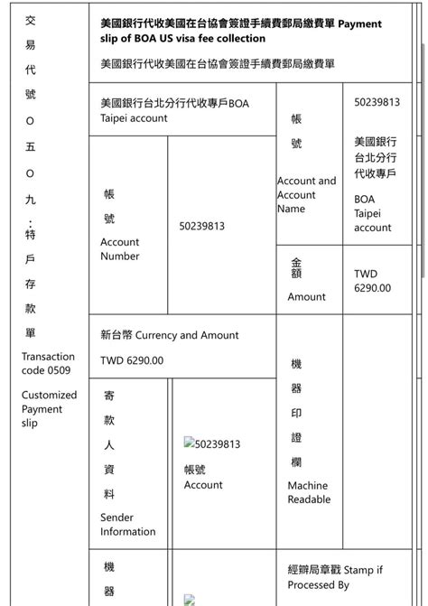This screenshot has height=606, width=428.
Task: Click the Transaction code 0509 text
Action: [x=48, y=363]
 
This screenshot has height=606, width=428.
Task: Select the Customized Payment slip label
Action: [x=49, y=409]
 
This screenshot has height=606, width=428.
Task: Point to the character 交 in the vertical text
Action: [x=30, y=20]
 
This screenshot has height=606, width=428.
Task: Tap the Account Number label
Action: [x=120, y=249]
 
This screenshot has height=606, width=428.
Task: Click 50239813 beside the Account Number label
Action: [x=202, y=226]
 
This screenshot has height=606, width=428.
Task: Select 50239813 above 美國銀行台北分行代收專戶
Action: [x=377, y=102]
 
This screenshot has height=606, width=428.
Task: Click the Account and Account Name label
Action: [x=306, y=194]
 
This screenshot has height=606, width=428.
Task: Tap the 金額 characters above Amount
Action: [x=297, y=268]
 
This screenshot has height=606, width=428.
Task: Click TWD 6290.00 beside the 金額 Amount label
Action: [x=372, y=281]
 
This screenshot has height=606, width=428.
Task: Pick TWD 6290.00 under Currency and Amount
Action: [x=132, y=360]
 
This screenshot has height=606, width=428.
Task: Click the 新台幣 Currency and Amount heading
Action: [x=169, y=335]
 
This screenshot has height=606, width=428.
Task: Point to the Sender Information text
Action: [x=127, y=525]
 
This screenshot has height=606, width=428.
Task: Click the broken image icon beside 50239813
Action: [x=190, y=443]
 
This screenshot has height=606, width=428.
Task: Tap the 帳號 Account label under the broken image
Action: [x=202, y=478]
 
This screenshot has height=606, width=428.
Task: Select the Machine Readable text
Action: [x=308, y=492]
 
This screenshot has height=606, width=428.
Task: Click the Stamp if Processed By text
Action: [x=335, y=577]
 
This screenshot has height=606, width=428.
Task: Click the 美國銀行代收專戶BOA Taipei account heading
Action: [x=174, y=110]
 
